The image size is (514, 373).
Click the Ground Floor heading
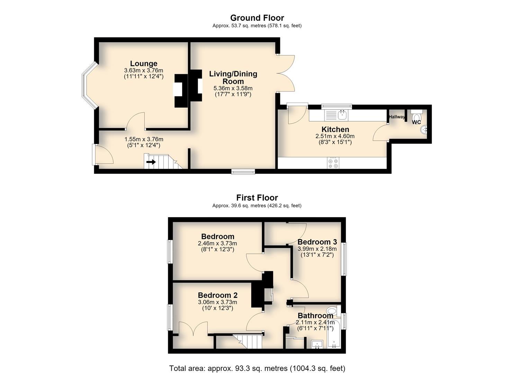tap(257, 18)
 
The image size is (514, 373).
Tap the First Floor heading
tap(257, 198)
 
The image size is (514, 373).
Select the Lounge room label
tap(144, 64)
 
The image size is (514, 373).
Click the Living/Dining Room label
tap(233, 78)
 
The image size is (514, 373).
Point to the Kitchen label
tap(335, 130)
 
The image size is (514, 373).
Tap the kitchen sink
tap(336, 115)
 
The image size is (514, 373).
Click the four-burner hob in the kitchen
tap(333, 163)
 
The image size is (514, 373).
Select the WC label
tap(416, 122)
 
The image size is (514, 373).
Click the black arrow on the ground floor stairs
tap(151, 162)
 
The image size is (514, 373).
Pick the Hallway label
tap(397, 117)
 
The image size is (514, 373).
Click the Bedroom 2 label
tap(217, 295)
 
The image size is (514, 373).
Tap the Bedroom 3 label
tap(317, 242)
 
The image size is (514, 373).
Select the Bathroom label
tap(315, 316)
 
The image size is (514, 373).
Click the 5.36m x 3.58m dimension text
tap(233, 88)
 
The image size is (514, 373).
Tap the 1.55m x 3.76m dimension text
tap(144, 139)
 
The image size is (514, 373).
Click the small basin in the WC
tap(424, 130)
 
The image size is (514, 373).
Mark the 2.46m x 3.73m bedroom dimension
tap(217, 243)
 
